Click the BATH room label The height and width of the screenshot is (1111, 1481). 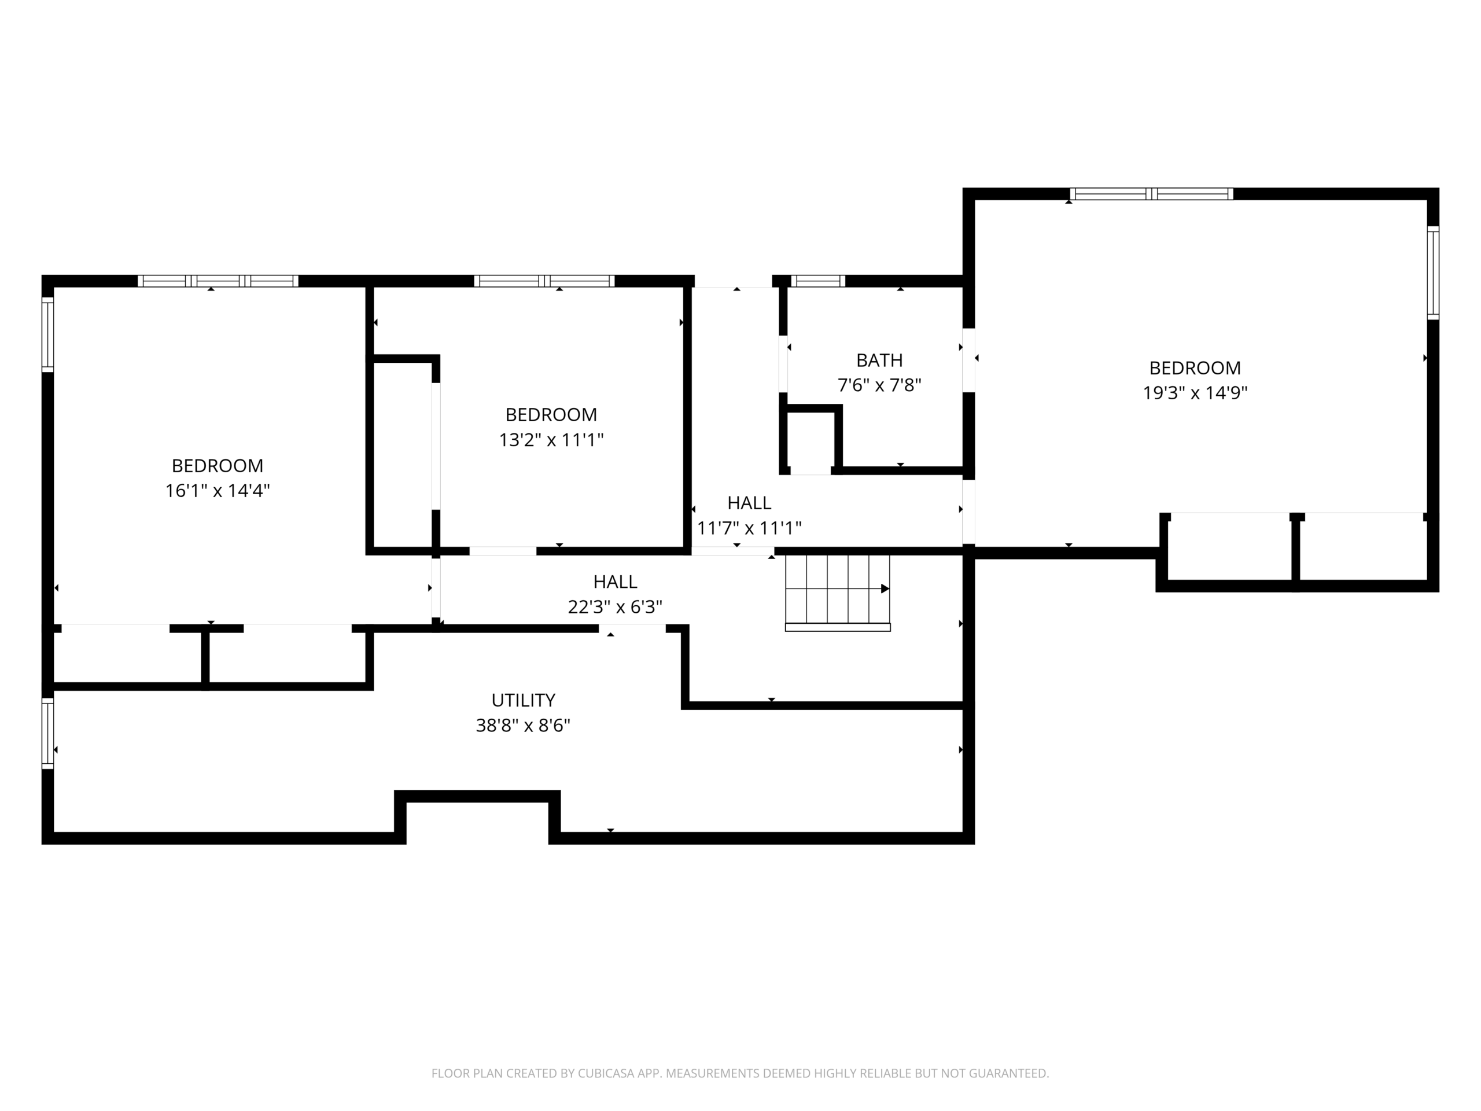[879, 360]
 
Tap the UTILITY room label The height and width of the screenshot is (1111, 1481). [523, 701]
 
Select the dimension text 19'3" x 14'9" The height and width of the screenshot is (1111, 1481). [1195, 392]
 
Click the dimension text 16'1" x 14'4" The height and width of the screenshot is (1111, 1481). [217, 491]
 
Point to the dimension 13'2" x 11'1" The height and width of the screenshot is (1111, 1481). [551, 440]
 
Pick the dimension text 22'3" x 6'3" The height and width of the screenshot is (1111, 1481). [614, 607]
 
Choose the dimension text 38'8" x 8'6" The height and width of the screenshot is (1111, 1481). [523, 725]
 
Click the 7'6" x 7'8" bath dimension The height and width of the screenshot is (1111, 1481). [879, 385]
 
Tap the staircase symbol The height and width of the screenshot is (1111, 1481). [838, 592]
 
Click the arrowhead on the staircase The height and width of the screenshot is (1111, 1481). [885, 588]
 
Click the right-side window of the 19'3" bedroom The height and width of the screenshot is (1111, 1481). [1433, 273]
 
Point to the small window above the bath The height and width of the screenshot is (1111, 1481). [817, 281]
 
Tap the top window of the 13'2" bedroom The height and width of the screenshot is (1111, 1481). [544, 281]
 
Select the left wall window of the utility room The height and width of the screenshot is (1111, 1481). [47, 733]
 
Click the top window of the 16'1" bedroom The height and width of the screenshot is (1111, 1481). [218, 281]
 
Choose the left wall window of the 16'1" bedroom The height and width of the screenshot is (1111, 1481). [47, 334]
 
